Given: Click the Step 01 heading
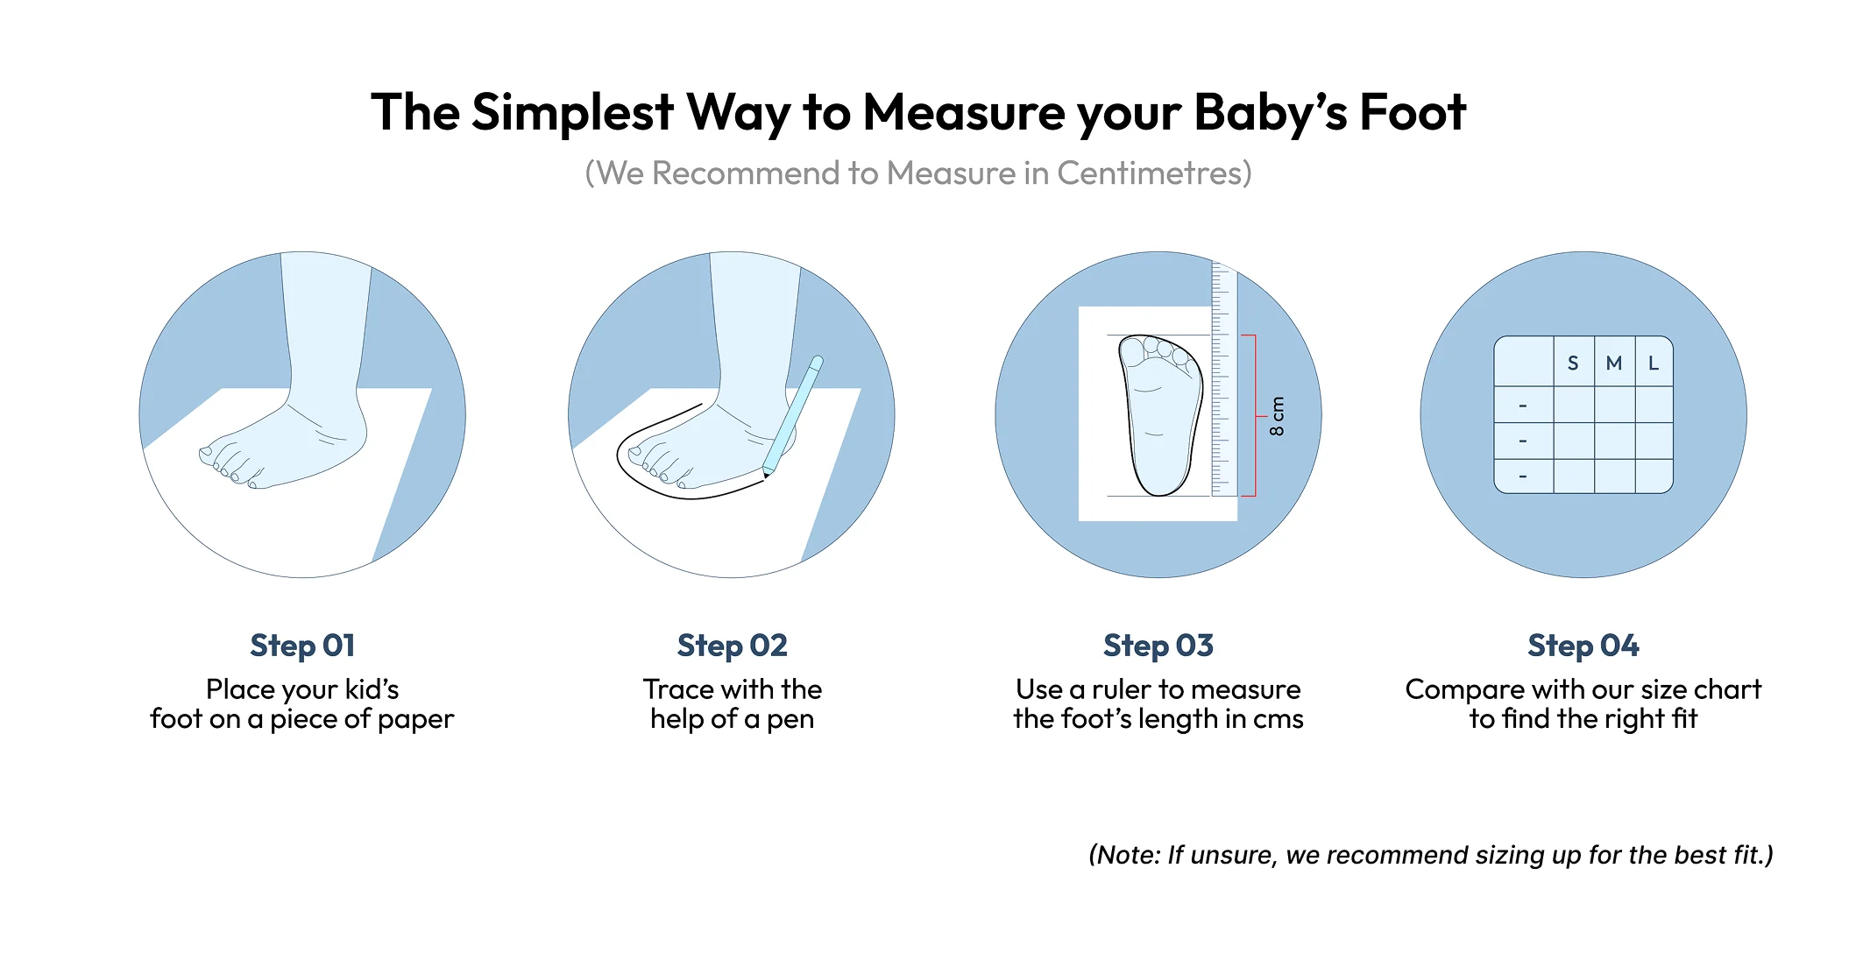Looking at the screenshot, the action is point(302,646).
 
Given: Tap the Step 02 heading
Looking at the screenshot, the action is point(732,646).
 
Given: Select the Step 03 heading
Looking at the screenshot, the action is point(1158,646).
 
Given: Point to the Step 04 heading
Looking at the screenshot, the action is point(1583,646).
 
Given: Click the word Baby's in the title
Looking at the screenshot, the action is point(1271,114).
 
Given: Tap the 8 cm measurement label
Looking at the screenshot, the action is point(1277,416).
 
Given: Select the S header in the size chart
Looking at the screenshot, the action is point(1573,363).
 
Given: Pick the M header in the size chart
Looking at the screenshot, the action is point(1613,363).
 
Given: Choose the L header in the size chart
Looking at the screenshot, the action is point(1654,363).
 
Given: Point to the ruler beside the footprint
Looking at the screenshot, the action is point(1223,378).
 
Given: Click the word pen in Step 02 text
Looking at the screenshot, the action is point(790,720).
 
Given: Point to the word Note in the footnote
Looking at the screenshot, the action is point(1128,855).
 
